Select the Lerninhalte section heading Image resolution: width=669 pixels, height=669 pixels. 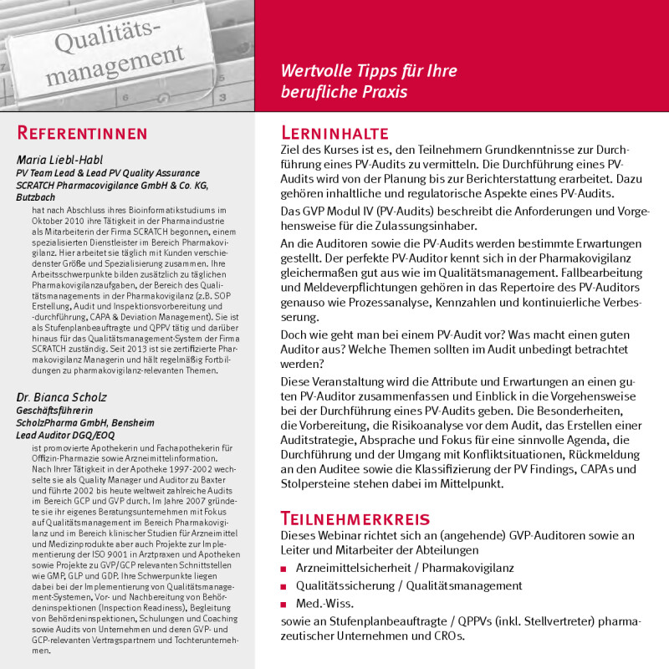coord(334,133)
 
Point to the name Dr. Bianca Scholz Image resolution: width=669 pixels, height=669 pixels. coord(56,398)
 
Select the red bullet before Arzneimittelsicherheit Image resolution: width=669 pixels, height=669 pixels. coord(285,569)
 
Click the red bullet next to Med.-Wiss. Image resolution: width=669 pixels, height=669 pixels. coord(285,605)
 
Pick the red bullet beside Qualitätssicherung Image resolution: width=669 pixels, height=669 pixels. coord(285,586)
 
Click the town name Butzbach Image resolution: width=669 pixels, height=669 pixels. coord(35,197)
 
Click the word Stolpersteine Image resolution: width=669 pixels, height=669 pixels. coord(319,483)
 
